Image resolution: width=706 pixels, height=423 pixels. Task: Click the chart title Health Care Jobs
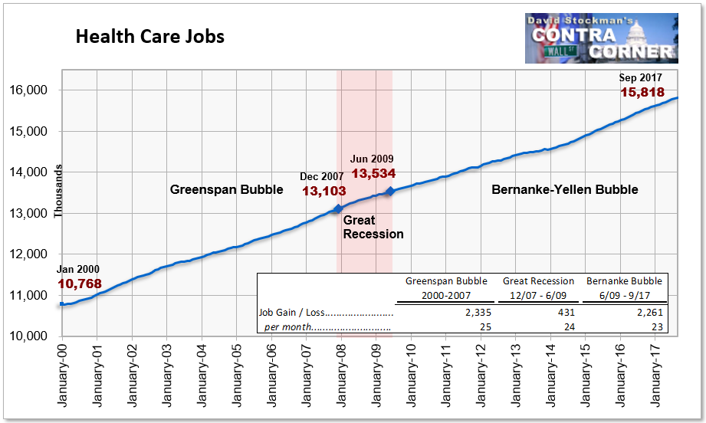[x=150, y=37]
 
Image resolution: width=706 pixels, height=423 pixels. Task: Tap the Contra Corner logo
[x=602, y=38]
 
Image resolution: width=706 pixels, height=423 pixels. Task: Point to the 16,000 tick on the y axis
[x=28, y=90]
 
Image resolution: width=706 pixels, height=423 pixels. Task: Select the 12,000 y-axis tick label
[x=28, y=254]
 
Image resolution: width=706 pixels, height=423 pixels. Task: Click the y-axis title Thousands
[x=57, y=192]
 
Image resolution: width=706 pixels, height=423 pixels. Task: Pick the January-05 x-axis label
[x=237, y=375]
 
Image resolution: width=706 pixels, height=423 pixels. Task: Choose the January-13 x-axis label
[x=516, y=375]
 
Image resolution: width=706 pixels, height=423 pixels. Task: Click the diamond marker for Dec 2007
[x=338, y=208]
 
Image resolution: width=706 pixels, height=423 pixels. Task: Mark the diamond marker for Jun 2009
[x=390, y=192]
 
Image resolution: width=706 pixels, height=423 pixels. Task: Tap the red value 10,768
[x=80, y=284]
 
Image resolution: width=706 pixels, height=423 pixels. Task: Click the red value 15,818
[x=642, y=92]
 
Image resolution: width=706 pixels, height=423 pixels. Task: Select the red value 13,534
[x=374, y=173]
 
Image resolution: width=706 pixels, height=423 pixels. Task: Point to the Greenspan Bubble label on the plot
[x=226, y=189]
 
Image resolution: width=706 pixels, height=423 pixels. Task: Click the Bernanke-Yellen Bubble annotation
[x=565, y=189]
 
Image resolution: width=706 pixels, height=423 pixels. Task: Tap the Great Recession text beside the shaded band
[x=373, y=228]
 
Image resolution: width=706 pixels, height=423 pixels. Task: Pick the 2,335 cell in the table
[x=478, y=313]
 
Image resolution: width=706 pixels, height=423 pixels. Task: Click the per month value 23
[x=658, y=326]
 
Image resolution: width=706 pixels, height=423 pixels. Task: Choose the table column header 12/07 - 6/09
[x=538, y=296]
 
